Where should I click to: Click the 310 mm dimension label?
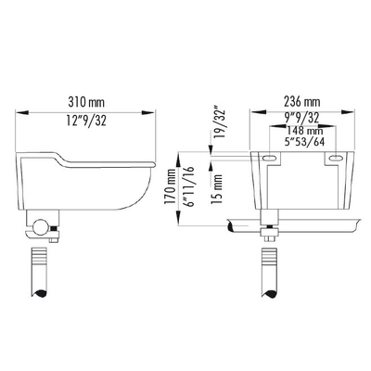86,102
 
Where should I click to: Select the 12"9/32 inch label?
86,121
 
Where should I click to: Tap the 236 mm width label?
302,101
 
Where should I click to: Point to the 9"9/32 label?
302,117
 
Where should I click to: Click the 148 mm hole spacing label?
305,131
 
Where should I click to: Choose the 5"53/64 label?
304,142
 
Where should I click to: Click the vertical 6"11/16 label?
188,186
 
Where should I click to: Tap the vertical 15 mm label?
217,189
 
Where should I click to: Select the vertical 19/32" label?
222,123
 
